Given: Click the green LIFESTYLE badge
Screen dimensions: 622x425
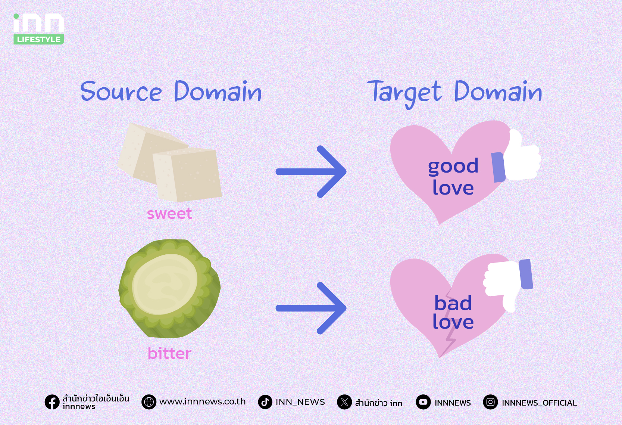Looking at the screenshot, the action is [38, 39].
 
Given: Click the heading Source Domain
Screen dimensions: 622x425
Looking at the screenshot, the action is [171, 91].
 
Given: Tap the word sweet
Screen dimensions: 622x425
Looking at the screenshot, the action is [169, 214].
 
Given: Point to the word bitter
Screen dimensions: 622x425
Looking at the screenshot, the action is [169, 353].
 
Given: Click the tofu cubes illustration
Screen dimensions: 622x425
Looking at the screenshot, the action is [169, 162].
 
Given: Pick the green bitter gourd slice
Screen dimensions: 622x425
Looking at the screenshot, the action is [169, 289].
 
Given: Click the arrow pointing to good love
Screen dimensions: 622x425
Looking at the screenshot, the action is [311, 171].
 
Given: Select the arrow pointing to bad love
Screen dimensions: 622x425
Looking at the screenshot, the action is [311, 308].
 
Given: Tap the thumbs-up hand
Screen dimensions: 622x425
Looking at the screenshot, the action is [516, 157].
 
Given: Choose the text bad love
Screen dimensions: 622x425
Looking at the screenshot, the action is [453, 312].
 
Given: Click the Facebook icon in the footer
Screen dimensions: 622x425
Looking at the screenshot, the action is [52, 402].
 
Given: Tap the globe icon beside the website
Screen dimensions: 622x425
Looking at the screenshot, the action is [149, 402].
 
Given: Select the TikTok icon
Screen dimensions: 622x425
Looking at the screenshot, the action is [265, 402].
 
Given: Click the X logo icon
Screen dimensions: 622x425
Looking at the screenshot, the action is [344, 402].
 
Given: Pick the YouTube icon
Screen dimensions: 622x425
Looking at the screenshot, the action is [423, 402].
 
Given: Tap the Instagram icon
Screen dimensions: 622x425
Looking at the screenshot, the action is [490, 402].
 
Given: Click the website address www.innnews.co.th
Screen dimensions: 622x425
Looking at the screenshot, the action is [203, 402].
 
